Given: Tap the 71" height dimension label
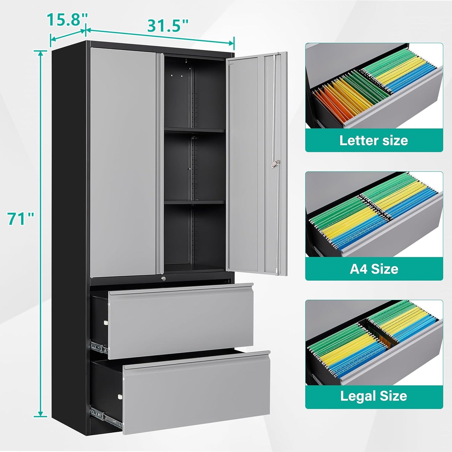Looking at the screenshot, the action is click(x=21, y=219).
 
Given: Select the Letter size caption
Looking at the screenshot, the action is click(x=374, y=140).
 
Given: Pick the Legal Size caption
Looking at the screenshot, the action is click(x=374, y=396).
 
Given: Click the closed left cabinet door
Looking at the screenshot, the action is click(x=123, y=162).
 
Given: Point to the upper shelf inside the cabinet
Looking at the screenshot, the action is click(x=194, y=130).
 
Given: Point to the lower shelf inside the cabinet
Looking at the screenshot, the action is click(x=194, y=202).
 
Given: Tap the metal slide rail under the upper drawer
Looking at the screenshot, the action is click(x=99, y=347).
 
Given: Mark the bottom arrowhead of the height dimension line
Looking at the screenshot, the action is click(x=41, y=416).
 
